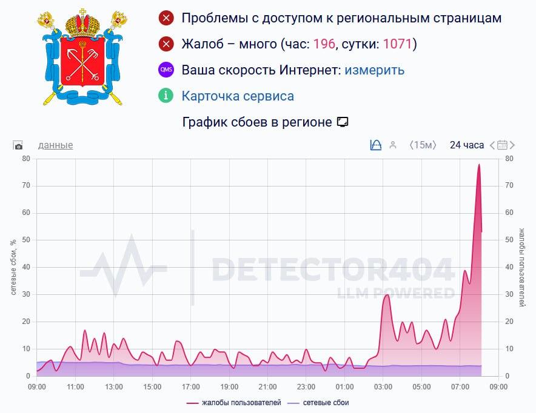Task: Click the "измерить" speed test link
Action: pyautogui.click(x=374, y=70)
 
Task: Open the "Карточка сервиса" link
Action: pyautogui.click(x=238, y=96)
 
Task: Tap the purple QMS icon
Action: pyautogui.click(x=166, y=70)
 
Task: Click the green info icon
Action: pyautogui.click(x=166, y=96)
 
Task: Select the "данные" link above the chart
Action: pyautogui.click(x=55, y=145)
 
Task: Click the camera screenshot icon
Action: pyautogui.click(x=18, y=145)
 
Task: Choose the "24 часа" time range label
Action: pyautogui.click(x=466, y=145)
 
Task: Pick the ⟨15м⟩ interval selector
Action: pyautogui.click(x=423, y=145)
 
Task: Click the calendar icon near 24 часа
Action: pyautogui.click(x=502, y=145)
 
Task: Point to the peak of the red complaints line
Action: pyautogui.click(x=479, y=165)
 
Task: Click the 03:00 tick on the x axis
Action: pyautogui.click(x=383, y=387)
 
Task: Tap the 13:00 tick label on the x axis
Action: pyautogui.click(x=113, y=387)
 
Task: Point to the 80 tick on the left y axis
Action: pyautogui.click(x=26, y=159)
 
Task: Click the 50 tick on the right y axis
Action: pyautogui.click(x=509, y=240)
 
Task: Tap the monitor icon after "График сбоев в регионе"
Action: pyautogui.click(x=343, y=122)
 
